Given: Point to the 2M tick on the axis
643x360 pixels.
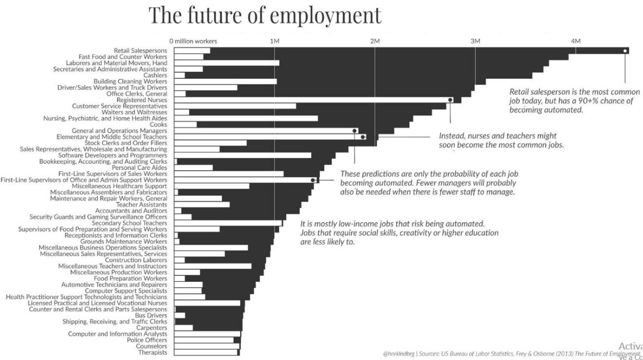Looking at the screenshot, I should [375, 41].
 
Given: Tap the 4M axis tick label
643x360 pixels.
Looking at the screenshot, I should [575, 41].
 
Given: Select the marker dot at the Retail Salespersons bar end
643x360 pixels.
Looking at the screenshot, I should [625, 51].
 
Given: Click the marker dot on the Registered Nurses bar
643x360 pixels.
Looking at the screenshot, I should [450, 100].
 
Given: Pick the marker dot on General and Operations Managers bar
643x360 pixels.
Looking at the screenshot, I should [355, 131].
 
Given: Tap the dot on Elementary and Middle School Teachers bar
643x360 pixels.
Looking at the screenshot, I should [363, 137].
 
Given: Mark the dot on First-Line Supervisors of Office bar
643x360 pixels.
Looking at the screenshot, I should [313, 180].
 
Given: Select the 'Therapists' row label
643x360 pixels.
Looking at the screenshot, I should [153, 352].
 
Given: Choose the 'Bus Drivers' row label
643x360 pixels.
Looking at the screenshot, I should [151, 316].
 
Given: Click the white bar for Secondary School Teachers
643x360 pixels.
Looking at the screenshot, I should [228, 223].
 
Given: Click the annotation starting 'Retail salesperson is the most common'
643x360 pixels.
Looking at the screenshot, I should [574, 101].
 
